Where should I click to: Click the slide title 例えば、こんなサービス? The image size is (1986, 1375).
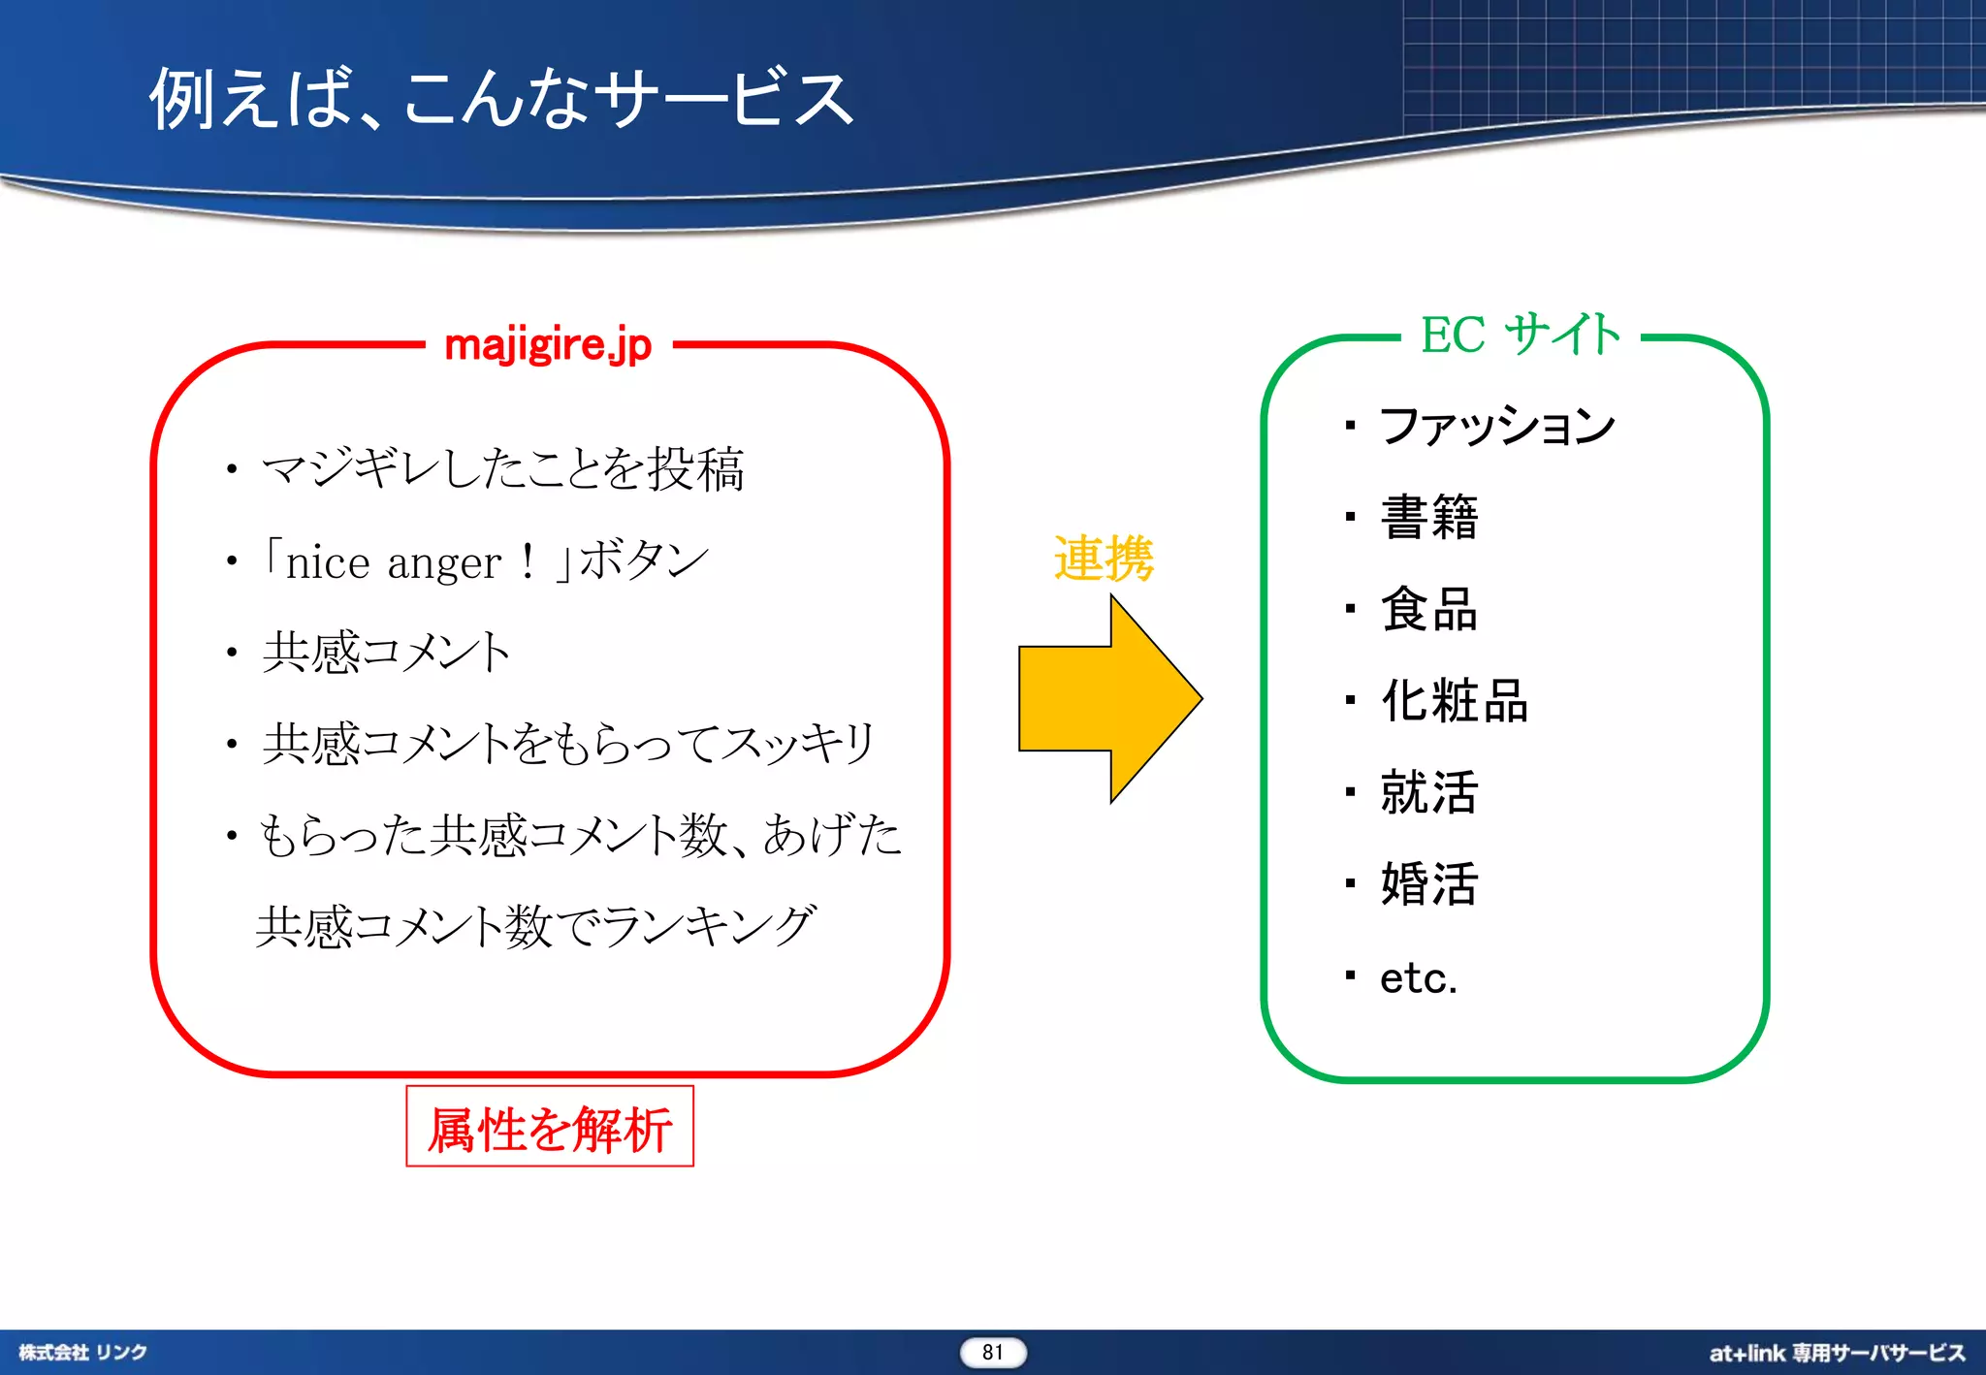(500, 98)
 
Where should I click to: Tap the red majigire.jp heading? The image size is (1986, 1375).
(548, 345)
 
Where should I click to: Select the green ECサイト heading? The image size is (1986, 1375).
(1520, 335)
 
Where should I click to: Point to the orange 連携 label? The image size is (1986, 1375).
(1104, 559)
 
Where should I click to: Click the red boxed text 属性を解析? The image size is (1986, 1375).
(550, 1128)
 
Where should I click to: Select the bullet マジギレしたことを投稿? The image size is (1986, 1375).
(502, 469)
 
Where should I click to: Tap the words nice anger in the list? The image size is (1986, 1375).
(393, 562)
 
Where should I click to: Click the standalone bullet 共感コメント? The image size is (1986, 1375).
(386, 652)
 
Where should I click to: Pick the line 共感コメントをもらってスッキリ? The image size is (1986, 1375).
(568, 744)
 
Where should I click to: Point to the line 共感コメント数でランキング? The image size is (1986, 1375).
(535, 926)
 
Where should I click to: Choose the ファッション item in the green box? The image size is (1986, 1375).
(1496, 425)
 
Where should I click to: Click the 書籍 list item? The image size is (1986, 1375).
(1428, 517)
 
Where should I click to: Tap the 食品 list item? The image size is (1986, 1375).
(1428, 609)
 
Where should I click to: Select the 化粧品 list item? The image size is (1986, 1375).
(1454, 700)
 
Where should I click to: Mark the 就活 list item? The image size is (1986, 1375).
(1428, 791)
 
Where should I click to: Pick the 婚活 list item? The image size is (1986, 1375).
(1428, 883)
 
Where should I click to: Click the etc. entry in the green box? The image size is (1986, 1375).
(1418, 977)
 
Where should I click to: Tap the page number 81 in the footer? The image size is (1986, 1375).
(992, 1352)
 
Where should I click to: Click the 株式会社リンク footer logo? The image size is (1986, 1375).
(82, 1352)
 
